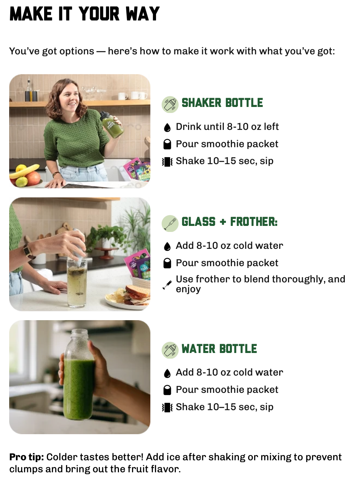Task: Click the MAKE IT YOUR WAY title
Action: (x=84, y=14)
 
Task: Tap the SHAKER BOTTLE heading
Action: (x=222, y=103)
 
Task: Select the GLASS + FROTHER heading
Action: (x=229, y=222)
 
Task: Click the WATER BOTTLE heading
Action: (x=219, y=348)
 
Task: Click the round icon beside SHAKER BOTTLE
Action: (x=170, y=104)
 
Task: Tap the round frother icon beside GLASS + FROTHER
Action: (x=170, y=223)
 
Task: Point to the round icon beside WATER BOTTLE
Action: (x=170, y=350)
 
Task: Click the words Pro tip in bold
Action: (x=26, y=457)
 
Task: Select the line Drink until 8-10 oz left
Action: (x=227, y=127)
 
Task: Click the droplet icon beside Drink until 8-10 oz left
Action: (x=167, y=127)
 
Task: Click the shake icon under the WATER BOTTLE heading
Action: (x=167, y=408)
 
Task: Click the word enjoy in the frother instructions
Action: (x=188, y=289)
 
